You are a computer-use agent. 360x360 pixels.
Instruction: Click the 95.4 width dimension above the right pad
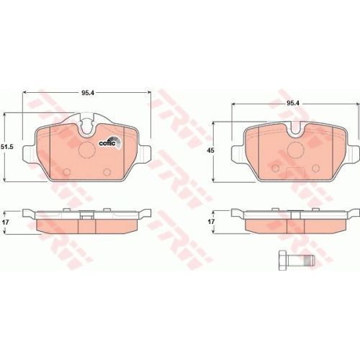(x=292, y=103)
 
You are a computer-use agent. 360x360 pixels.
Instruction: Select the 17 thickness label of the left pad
(x=6, y=223)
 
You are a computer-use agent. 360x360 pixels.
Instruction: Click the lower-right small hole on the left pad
(x=107, y=172)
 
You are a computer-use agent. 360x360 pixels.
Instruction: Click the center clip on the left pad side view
(x=86, y=214)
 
